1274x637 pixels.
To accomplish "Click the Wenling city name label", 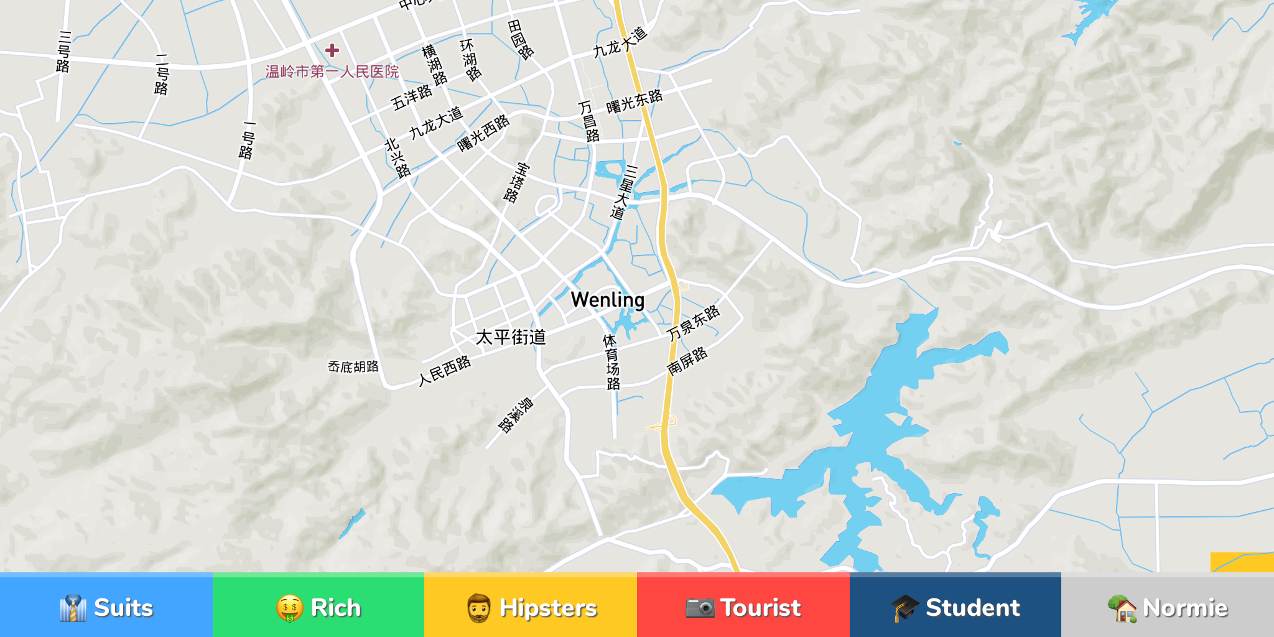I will [x=608, y=300].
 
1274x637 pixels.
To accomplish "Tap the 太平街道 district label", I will [x=511, y=337].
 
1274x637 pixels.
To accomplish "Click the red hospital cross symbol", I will [x=332, y=50].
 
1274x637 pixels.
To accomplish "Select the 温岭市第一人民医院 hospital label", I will [x=332, y=72].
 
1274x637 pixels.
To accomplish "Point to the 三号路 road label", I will [x=63, y=52].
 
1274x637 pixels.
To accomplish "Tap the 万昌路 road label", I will [x=588, y=122].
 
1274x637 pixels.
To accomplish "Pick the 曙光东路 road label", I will [x=634, y=101].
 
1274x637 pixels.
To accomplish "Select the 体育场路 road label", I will [x=611, y=362].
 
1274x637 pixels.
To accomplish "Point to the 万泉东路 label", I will [x=693, y=323].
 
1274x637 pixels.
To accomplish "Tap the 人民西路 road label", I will [x=444, y=371].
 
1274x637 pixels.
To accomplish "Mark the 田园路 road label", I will [x=520, y=39].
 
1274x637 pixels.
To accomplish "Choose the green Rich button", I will [x=318, y=607].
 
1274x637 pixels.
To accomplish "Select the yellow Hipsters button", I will [x=531, y=607].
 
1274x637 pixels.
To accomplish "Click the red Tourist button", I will [x=743, y=607].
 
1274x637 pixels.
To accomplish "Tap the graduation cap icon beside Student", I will [x=904, y=608].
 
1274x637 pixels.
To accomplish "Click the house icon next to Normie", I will [x=1122, y=608].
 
